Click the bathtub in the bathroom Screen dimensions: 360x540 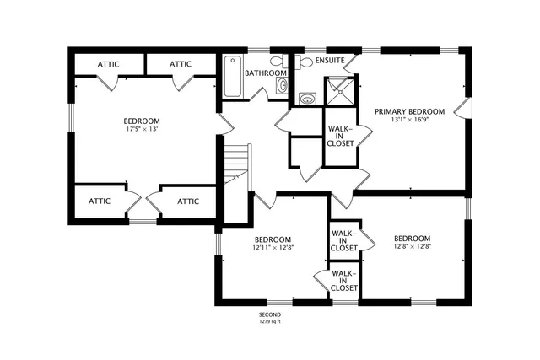[232, 78]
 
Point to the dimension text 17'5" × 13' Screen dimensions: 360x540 [141, 130]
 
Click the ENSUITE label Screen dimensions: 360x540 [329, 61]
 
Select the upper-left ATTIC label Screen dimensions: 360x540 [108, 64]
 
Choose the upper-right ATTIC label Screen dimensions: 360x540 [181, 64]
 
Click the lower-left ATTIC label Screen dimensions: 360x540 [100, 201]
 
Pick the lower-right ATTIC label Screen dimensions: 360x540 [188, 201]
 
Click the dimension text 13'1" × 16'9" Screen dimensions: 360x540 [409, 120]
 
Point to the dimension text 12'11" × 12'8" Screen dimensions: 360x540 [273, 247]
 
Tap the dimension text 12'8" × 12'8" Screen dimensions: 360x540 [412, 247]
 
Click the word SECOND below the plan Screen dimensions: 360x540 [269, 314]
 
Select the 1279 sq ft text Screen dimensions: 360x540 [269, 321]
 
